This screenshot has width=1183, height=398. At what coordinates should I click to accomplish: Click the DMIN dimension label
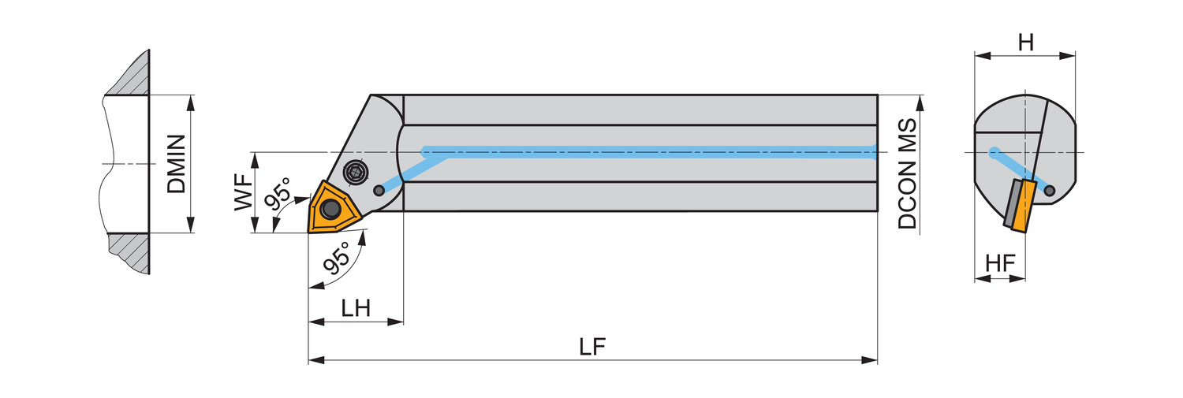176,164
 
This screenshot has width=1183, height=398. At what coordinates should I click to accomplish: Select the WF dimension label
244,192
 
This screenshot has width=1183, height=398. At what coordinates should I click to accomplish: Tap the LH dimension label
356,308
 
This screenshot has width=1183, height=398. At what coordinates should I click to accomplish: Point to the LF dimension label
592,347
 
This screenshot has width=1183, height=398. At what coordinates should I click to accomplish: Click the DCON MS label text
908,174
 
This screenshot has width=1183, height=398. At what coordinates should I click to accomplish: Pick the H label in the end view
1025,43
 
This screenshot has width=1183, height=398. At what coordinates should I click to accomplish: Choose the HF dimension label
1000,264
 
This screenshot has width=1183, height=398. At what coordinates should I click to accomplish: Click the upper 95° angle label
278,195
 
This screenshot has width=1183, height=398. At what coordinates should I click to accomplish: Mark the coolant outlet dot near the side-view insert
379,190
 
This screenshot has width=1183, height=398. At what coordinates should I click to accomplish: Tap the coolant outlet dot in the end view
1049,189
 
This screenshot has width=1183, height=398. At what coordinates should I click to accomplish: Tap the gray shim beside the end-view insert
1009,203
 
